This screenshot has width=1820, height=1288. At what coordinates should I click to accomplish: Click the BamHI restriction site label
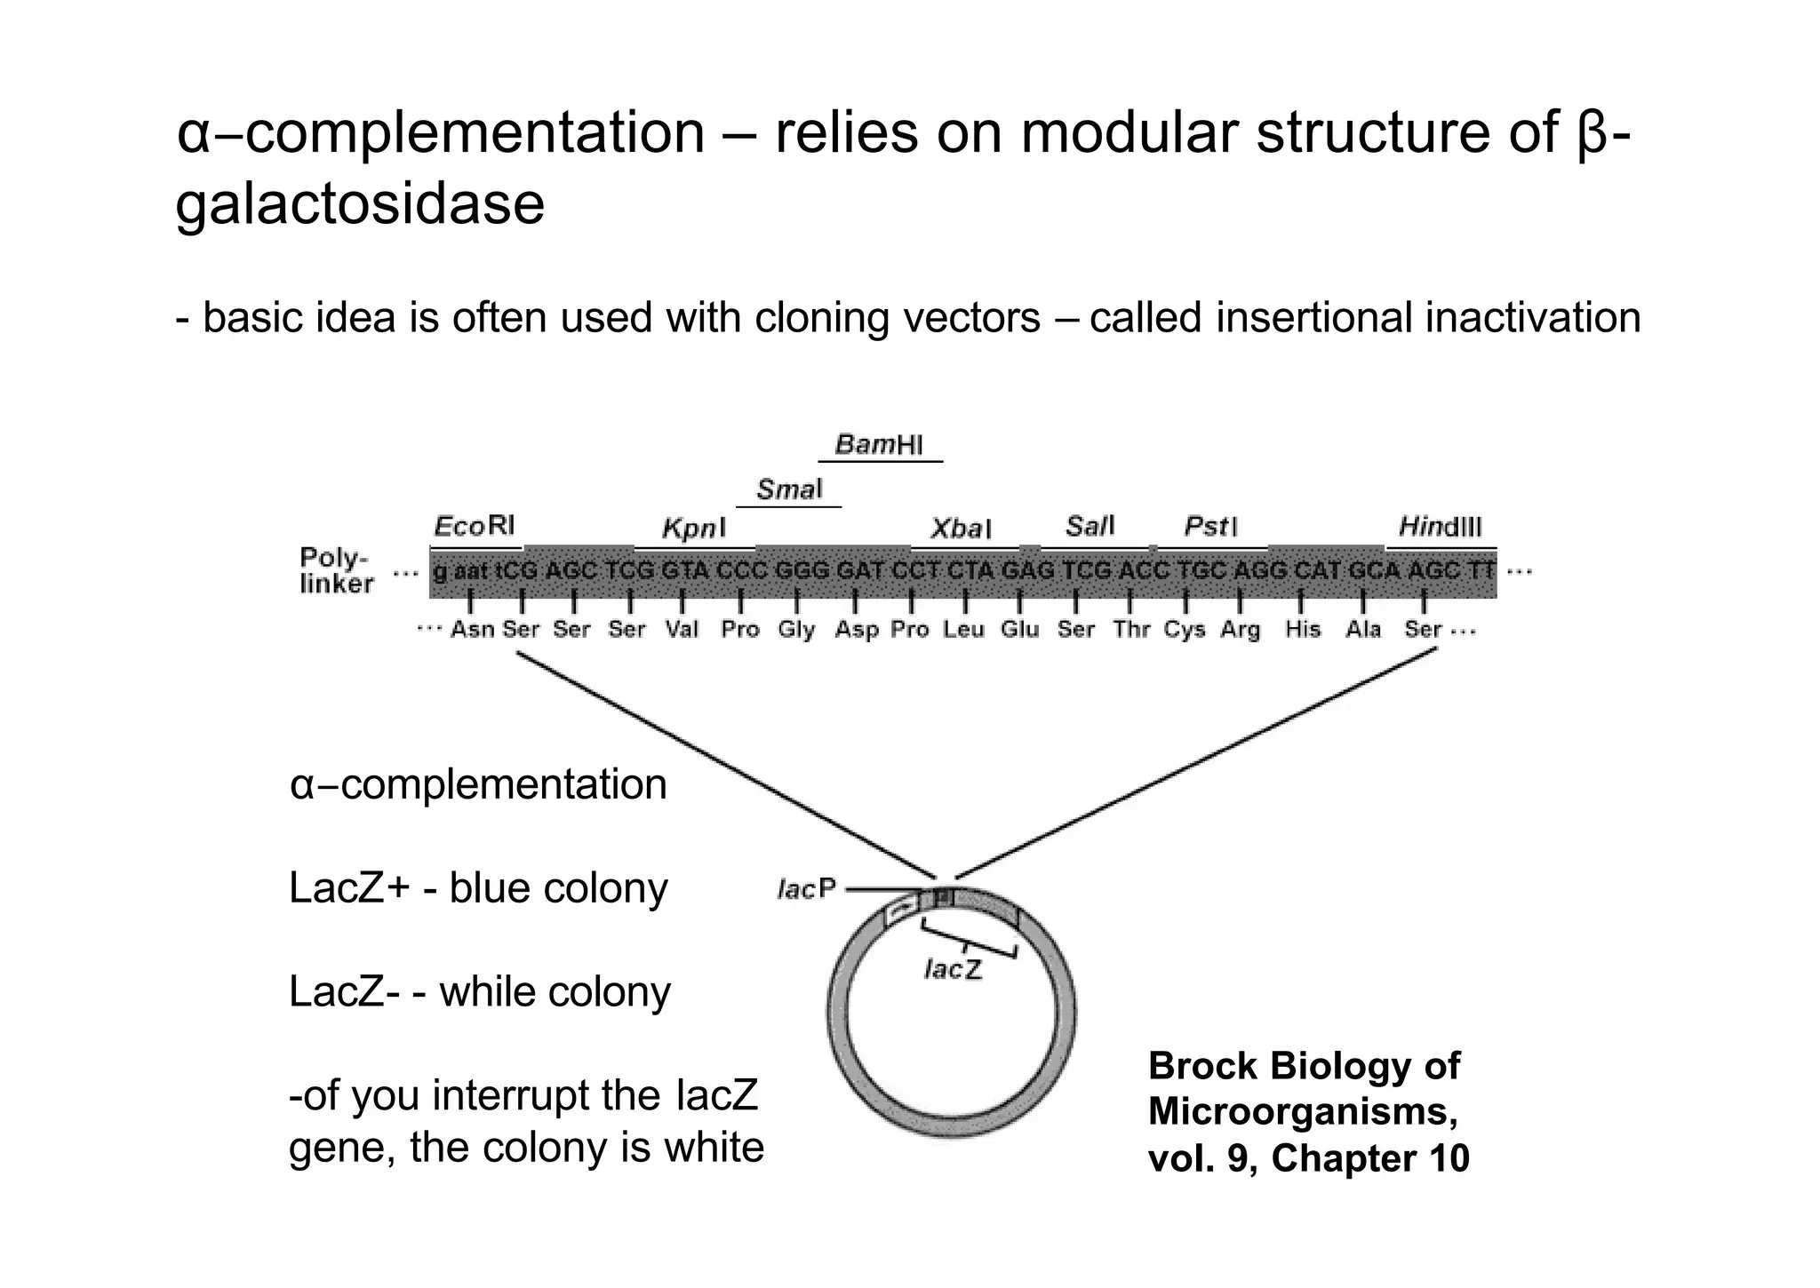coord(879,444)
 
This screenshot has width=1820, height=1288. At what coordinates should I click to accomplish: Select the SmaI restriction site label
coord(789,489)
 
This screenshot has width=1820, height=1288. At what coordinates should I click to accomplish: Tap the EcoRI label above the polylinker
coord(474,527)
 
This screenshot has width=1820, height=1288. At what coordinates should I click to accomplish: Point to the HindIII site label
coord(1440,527)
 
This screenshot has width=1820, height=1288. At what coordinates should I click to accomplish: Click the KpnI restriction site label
coord(693,529)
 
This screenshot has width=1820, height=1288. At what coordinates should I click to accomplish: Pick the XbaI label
coord(960,529)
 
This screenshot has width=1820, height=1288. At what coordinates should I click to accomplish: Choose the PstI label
coord(1210,527)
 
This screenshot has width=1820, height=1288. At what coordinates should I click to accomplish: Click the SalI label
coord(1090,527)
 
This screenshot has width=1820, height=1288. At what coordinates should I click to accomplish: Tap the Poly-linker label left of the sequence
coord(336,570)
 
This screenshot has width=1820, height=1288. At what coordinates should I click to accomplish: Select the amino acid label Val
coord(682,630)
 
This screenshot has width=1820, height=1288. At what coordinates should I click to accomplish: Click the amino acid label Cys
coord(1184,630)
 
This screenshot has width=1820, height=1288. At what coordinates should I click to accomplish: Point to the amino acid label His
coord(1302,630)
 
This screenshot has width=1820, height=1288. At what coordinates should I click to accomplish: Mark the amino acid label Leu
coord(963,630)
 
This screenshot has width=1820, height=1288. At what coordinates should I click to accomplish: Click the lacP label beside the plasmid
coord(806,889)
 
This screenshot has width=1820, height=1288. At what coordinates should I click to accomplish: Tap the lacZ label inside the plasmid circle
coord(953,969)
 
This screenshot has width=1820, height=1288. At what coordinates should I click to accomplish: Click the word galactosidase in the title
coord(360,203)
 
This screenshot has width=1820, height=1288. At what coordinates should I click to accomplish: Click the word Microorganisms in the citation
coord(1302,1112)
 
